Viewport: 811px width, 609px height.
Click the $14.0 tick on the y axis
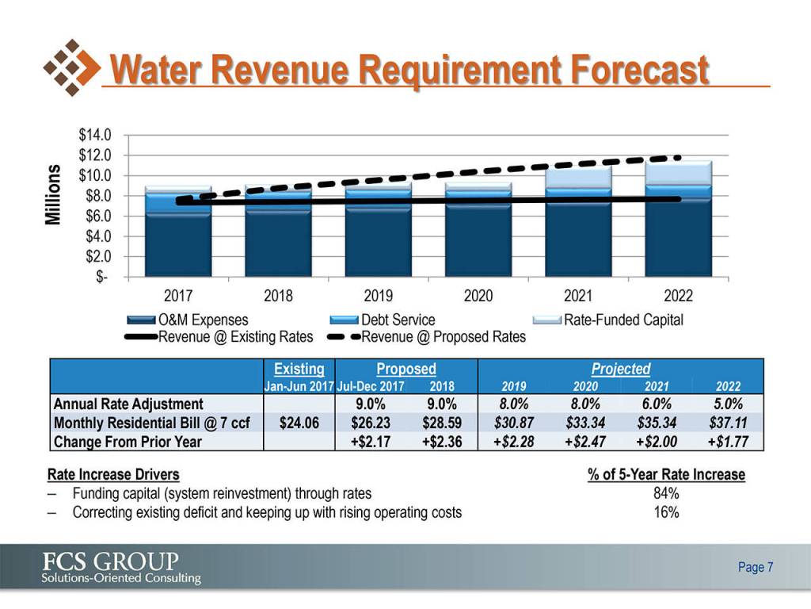tap(94, 135)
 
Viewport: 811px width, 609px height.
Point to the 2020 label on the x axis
tap(478, 296)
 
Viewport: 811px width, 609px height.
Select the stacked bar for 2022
tap(678, 222)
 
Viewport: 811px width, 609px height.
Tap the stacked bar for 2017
tap(177, 234)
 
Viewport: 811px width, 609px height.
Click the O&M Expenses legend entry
tap(202, 320)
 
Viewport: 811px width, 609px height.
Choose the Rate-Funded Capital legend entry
tap(623, 320)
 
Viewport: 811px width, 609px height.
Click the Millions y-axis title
tap(54, 195)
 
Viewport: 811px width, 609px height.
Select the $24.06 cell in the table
tap(299, 423)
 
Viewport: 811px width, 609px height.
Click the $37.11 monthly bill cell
tap(726, 423)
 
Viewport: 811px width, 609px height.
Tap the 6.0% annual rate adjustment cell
tap(657, 404)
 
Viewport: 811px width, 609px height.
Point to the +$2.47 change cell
tap(585, 442)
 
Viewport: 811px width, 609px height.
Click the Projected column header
tap(620, 369)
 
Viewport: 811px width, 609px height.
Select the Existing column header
tap(299, 369)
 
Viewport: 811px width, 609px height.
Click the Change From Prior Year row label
tap(128, 442)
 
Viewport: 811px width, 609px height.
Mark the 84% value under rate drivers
tap(665, 494)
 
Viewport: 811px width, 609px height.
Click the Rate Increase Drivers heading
tap(113, 475)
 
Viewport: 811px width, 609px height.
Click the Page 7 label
tap(755, 568)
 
